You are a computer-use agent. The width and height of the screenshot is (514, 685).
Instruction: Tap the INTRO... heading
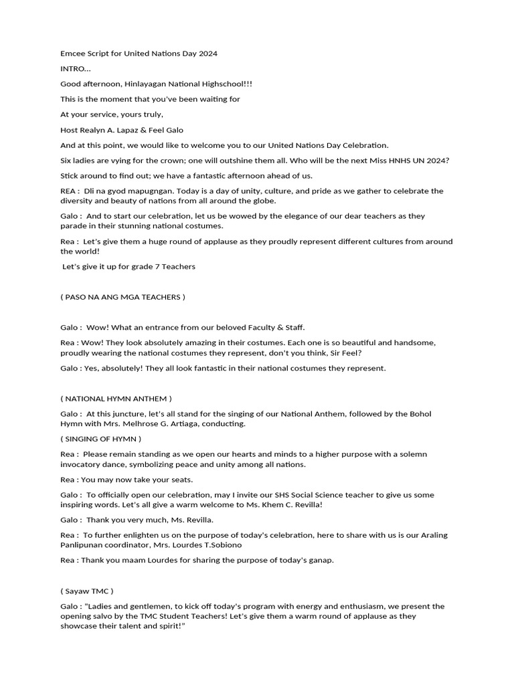(x=75, y=68)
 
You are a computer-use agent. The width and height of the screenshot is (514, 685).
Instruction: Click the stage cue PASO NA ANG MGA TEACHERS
(x=122, y=297)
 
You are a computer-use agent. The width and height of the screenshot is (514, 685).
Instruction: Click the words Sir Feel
(x=348, y=353)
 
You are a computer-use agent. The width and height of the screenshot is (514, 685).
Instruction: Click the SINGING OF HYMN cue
(x=101, y=439)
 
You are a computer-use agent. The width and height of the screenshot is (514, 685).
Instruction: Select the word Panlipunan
(x=82, y=545)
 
